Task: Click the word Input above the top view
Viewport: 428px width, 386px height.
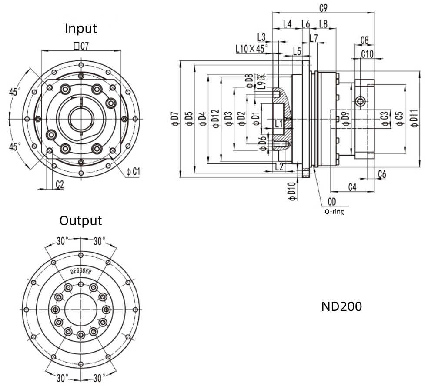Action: (80, 28)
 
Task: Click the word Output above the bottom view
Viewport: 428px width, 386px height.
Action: (80, 220)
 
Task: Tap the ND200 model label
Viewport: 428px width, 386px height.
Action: (341, 306)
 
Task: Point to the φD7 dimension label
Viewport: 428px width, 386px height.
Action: (176, 119)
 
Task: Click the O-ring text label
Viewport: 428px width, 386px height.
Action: (334, 211)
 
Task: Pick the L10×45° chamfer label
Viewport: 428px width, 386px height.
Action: (252, 49)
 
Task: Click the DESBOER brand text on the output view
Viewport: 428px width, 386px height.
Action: (81, 271)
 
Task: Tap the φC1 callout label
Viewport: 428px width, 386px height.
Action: (133, 172)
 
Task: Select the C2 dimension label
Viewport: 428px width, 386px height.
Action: (60, 184)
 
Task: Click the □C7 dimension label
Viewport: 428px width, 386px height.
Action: (81, 46)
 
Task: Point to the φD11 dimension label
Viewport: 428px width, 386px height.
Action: (415, 118)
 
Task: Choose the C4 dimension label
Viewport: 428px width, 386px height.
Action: (352, 187)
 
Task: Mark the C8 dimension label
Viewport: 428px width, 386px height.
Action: (364, 40)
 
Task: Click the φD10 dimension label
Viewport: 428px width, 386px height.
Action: (292, 192)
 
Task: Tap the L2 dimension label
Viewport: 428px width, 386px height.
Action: (279, 166)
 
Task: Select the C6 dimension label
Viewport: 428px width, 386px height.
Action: (382, 174)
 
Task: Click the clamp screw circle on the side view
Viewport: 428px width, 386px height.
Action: (361, 101)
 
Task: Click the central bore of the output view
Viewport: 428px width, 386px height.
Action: (80, 309)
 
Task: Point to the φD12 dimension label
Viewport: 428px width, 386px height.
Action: (215, 119)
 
